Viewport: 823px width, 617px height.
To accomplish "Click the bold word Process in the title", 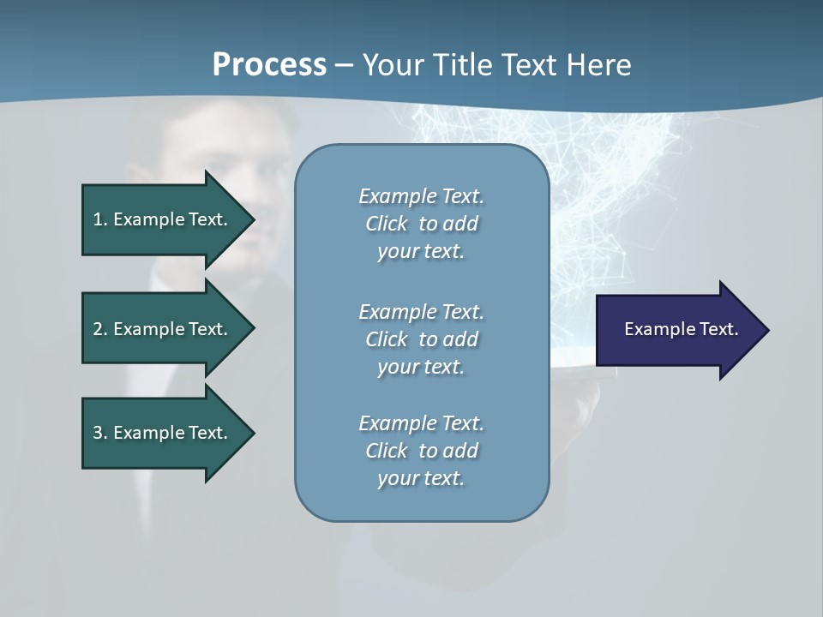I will (x=269, y=65).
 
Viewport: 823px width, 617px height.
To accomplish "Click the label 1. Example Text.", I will (x=159, y=219).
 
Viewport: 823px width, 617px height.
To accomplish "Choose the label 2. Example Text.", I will (x=159, y=329).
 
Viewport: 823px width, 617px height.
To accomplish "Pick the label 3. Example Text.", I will (x=159, y=433).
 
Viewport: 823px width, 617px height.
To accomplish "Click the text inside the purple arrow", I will (x=681, y=329).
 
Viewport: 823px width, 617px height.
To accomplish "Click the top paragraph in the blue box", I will (x=421, y=224).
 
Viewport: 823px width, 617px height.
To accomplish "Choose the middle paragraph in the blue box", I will (x=421, y=338).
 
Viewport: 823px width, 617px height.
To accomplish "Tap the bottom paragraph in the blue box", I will (x=421, y=451).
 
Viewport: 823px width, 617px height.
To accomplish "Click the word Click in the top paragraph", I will (x=386, y=224).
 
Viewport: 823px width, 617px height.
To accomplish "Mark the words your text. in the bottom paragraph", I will (x=421, y=479).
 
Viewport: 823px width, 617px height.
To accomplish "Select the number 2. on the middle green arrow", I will (x=100, y=329).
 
